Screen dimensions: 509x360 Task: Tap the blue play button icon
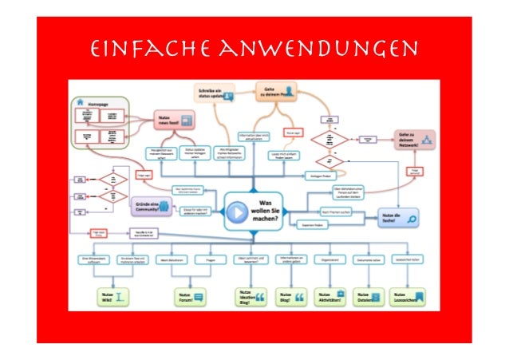pyautogui.click(x=237, y=213)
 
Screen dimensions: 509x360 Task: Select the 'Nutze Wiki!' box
pyautogui.click(x=112, y=297)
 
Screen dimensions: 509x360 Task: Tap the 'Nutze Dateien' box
pyautogui.click(x=369, y=297)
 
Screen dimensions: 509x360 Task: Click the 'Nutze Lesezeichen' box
pyautogui.click(x=408, y=297)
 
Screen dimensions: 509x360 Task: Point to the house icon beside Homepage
pyautogui.click(x=81, y=103)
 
